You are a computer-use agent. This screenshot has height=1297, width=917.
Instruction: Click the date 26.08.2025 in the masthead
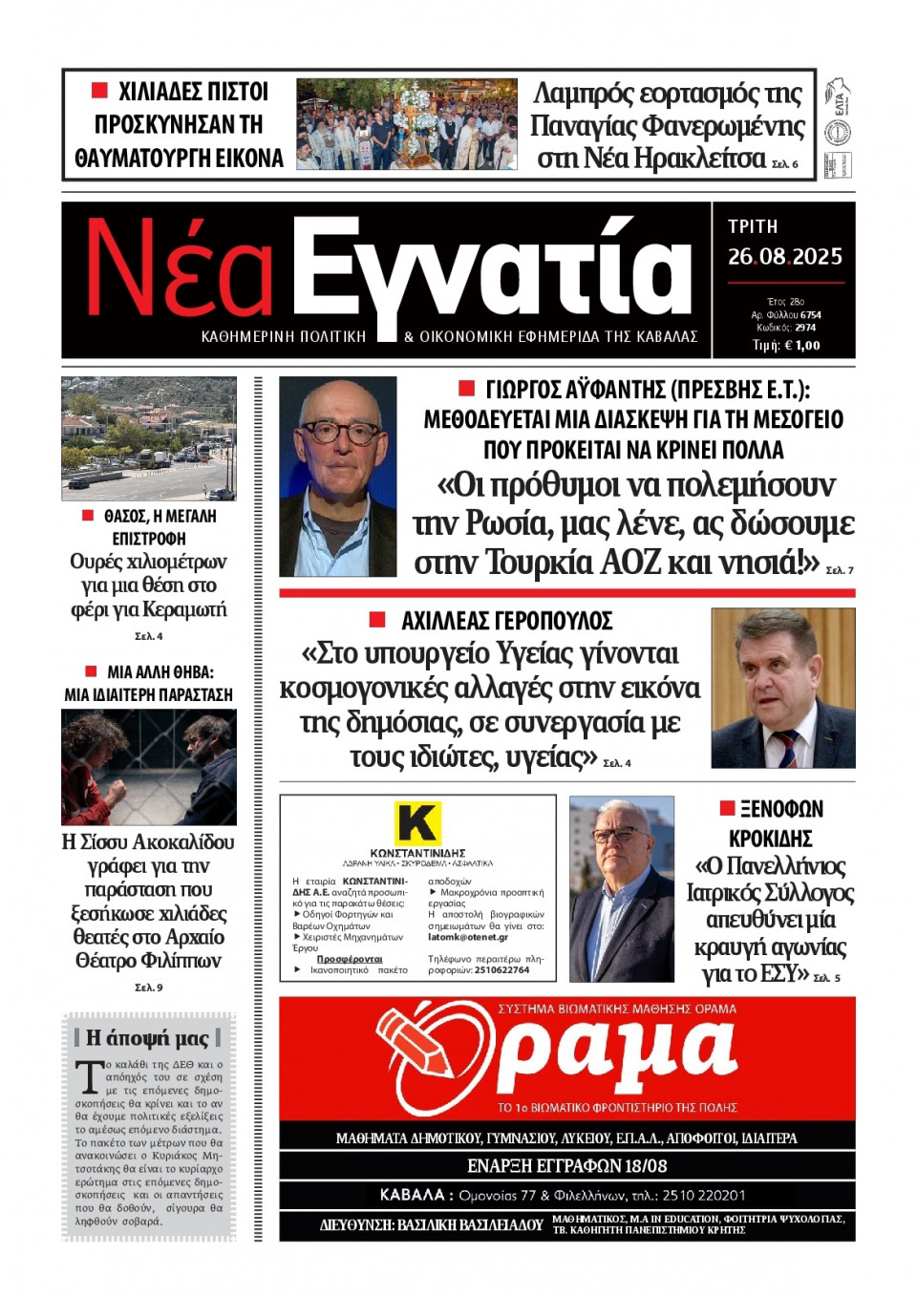[784, 257]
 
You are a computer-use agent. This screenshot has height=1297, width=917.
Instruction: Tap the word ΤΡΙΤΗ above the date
[753, 226]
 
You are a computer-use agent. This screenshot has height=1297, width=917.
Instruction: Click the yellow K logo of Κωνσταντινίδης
[417, 823]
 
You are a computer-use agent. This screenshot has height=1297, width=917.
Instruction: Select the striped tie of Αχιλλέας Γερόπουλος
[785, 747]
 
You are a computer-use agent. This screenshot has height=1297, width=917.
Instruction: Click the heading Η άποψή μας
[147, 1038]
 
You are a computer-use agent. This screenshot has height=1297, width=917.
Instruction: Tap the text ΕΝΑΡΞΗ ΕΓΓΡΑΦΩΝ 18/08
[566, 1166]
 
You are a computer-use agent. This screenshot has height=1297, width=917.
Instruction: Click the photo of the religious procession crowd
[406, 124]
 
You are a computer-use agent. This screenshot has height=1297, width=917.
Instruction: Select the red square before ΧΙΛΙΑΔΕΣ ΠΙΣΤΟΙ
[99, 91]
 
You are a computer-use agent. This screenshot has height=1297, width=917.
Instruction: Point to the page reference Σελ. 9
[148, 988]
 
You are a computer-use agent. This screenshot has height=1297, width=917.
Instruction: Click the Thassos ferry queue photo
[148, 438]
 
